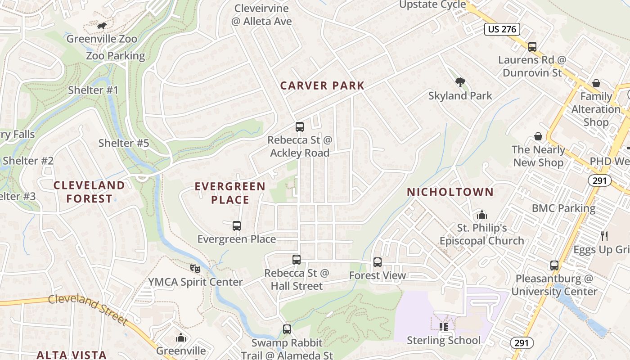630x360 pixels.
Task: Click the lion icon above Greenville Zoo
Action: pos(102,26)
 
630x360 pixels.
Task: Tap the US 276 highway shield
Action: pos(502,30)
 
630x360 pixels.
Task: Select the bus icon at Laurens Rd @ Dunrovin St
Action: pos(532,46)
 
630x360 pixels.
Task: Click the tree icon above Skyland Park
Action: pos(460,82)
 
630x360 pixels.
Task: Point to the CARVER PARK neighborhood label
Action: pos(322,85)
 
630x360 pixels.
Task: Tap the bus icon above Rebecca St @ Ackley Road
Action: pos(300,127)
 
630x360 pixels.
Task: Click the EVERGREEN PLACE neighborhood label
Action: pos(230,193)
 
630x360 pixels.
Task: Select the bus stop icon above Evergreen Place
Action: pos(237,225)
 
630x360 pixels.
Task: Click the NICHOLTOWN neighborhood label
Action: pos(450,192)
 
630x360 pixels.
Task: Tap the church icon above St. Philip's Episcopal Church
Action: pos(481,214)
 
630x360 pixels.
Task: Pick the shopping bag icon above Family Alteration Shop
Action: pos(596,83)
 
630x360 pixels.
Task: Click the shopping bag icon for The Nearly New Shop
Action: pos(538,136)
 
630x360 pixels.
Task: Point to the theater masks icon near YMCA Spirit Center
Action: pos(195,269)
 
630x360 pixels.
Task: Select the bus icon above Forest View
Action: pos(378,262)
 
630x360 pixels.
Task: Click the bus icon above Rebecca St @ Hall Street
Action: pos(297,259)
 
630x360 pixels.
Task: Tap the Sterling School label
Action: pos(444,340)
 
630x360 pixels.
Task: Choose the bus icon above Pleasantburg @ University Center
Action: pos(554,265)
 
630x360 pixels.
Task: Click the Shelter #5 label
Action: pos(123,144)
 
